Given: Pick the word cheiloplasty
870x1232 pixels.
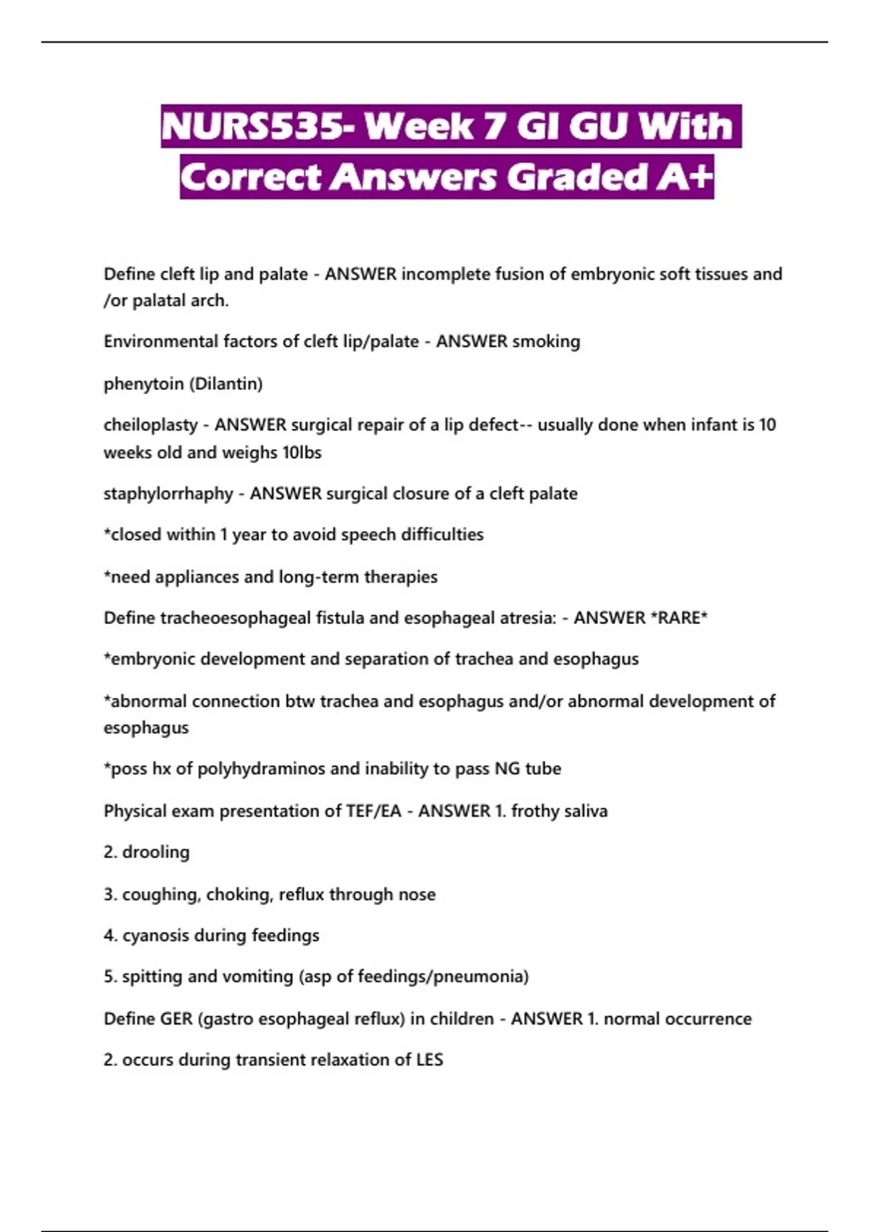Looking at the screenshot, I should [x=151, y=425].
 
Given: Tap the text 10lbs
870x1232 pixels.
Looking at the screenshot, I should [x=302, y=452].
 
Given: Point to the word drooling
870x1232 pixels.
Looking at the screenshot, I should [x=156, y=852].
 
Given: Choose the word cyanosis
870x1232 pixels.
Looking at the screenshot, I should [x=154, y=936].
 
